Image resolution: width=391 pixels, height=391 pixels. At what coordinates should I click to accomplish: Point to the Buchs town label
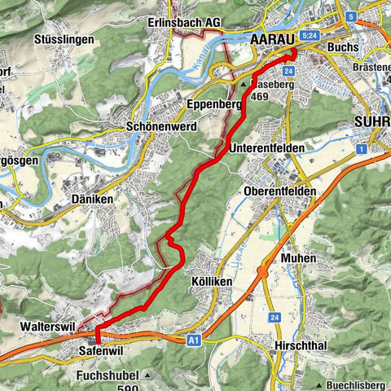point(342,48)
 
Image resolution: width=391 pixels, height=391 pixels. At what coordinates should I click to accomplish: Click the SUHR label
point(372,122)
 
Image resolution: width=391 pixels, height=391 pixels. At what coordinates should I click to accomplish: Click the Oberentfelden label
point(279,191)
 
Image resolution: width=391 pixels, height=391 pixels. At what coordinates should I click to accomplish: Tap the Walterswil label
point(46,325)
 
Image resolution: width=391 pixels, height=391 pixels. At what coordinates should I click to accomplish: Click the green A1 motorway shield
point(192,340)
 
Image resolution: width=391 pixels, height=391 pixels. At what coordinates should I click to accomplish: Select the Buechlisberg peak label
point(354,384)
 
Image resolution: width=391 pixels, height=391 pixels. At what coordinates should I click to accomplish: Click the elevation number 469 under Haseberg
point(261,95)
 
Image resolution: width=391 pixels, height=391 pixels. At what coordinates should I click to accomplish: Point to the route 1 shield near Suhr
point(359,149)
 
